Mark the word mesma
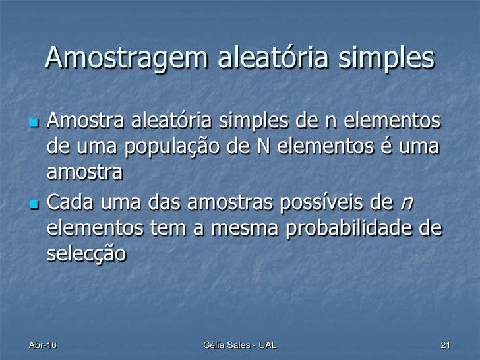pos(234,228)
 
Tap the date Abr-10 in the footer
pos(43,345)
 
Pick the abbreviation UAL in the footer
pos(266,345)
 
